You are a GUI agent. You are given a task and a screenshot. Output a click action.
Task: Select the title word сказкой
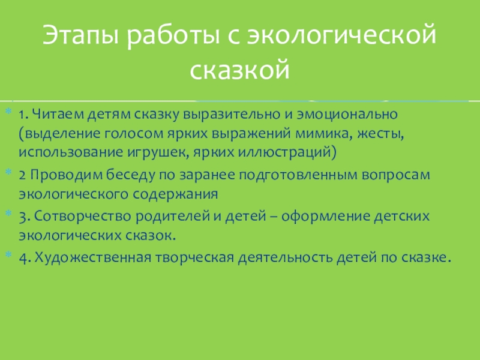pos(240,70)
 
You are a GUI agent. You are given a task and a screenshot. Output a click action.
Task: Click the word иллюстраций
pos(288,152)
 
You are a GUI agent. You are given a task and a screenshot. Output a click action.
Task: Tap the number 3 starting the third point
pos(22,215)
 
